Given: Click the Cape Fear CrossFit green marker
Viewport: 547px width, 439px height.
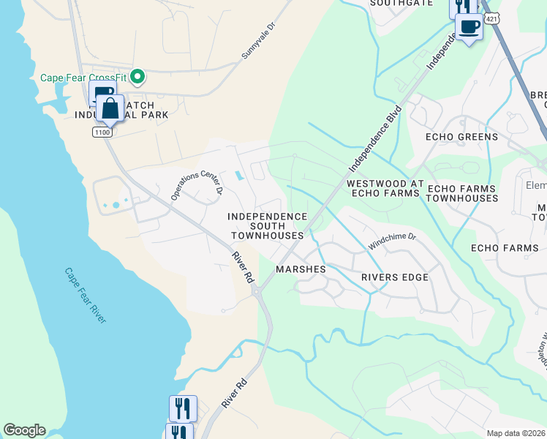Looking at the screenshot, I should click(136, 77).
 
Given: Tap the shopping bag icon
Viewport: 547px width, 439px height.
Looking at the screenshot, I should click(110, 110).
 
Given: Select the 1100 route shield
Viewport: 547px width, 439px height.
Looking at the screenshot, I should click(102, 132).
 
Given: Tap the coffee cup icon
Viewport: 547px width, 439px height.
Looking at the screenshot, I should click(469, 27).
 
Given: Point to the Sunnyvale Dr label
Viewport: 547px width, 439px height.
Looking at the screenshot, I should click(260, 41).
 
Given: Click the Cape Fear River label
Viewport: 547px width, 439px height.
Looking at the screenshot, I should click(85, 295).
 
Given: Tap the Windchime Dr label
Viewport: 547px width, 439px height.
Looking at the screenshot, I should click(391, 241).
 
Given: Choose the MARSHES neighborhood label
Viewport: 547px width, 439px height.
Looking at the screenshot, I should click(301, 269).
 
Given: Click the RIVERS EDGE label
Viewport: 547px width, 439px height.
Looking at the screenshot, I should click(395, 277).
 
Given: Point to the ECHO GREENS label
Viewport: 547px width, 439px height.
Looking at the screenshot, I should click(461, 137).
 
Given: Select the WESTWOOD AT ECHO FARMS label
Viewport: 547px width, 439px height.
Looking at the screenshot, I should click(385, 188).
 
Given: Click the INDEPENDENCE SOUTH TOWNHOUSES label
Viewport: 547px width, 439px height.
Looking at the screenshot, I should click(267, 226).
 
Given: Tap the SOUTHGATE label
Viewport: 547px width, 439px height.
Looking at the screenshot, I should click(401, 3).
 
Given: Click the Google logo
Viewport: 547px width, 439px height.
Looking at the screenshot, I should click(24, 430).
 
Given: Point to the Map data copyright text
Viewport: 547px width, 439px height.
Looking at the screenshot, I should click(516, 433).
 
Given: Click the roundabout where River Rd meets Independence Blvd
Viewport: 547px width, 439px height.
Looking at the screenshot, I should click(257, 291).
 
